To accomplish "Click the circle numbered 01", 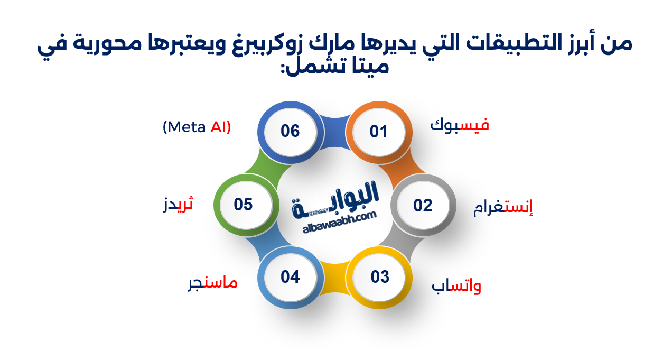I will click(x=378, y=132).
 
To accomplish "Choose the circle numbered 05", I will click(x=243, y=205).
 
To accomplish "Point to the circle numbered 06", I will click(x=290, y=131).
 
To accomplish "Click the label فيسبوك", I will click(x=460, y=125).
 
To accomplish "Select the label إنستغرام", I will click(x=502, y=207).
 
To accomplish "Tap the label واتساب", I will click(x=456, y=287).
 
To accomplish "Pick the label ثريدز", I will click(x=179, y=204).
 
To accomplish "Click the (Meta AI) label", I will click(x=197, y=127).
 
